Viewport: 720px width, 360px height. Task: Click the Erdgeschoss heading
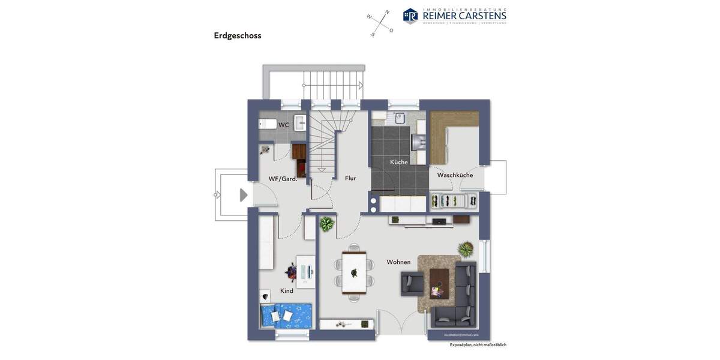[x=238, y=35]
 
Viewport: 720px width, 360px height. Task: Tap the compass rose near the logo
[x=380, y=23]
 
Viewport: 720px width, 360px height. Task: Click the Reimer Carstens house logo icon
[x=410, y=16]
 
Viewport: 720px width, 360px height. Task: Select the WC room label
[x=284, y=125]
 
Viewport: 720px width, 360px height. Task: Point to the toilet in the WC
[x=268, y=124]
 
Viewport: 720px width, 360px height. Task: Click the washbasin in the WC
[x=299, y=123]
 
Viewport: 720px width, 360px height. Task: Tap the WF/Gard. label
[x=283, y=178]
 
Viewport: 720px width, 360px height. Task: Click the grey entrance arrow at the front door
[x=244, y=195]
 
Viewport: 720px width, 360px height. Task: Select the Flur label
[x=350, y=178]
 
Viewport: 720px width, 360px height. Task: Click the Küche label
[x=399, y=162]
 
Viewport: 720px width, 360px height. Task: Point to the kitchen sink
[x=398, y=118]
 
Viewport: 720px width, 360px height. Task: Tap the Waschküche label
[x=455, y=175]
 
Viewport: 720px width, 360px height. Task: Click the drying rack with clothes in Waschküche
[x=454, y=200]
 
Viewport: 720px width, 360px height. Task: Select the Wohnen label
[x=398, y=262]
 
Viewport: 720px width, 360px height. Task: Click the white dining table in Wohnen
[x=354, y=273]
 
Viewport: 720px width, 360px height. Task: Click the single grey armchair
[x=412, y=283]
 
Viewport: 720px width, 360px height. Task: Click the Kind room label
[x=287, y=291]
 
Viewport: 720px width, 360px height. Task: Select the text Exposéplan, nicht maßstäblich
[x=478, y=345]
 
